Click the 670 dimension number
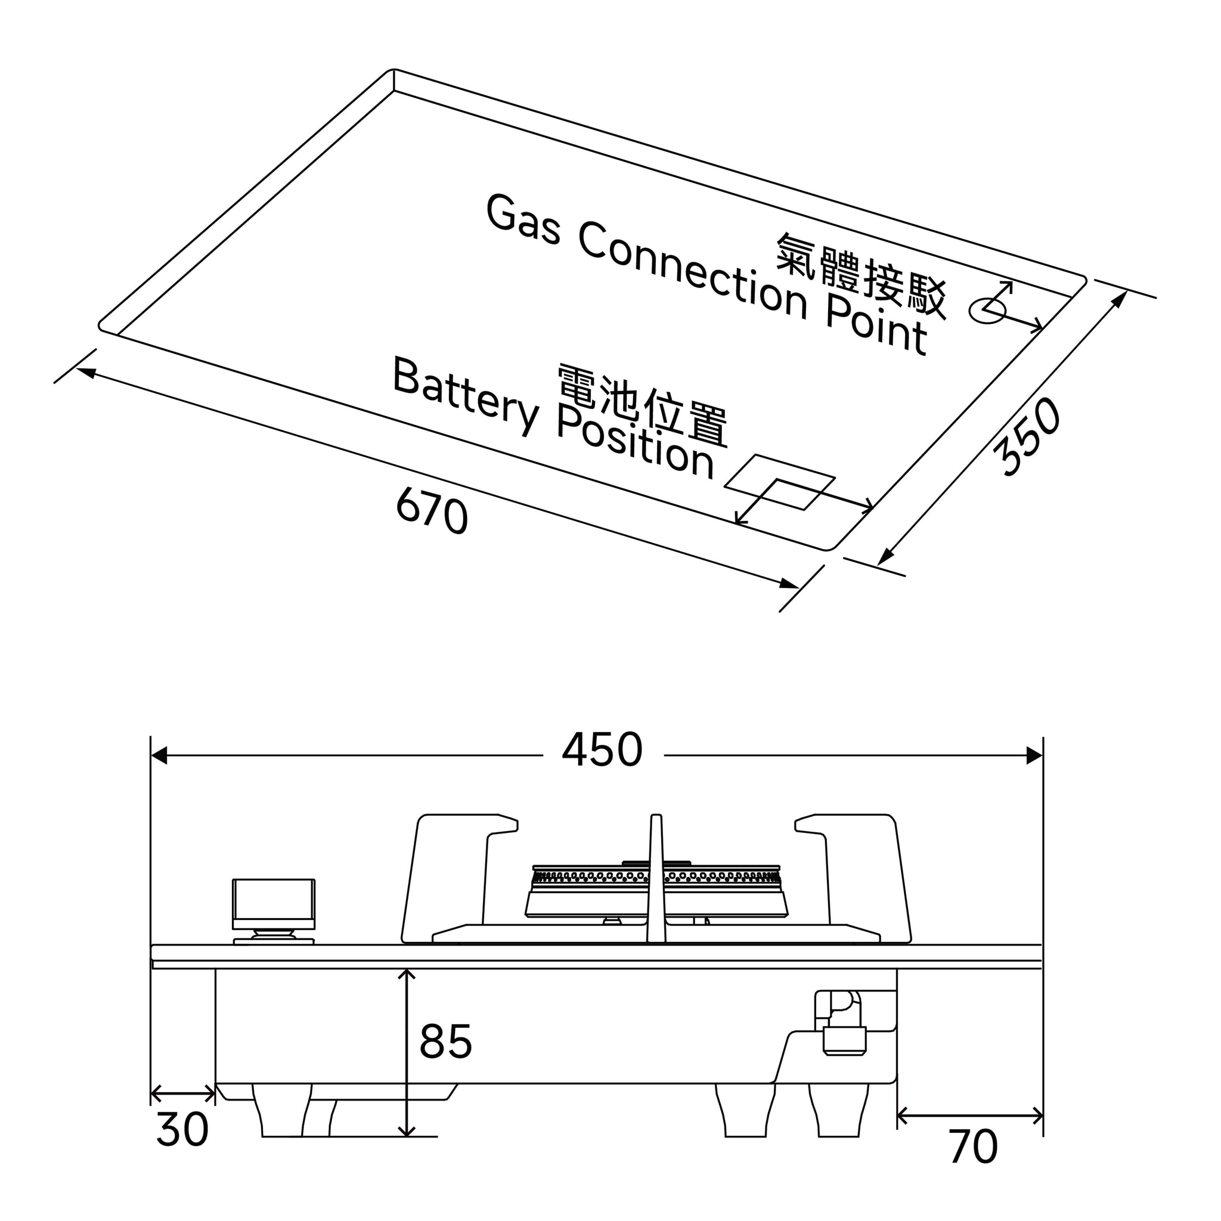point(432,512)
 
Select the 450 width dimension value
point(602,750)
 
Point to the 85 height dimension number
point(445,1042)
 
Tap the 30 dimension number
point(182,1130)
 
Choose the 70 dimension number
point(973,1147)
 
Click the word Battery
point(466,396)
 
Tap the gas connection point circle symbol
point(987,309)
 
